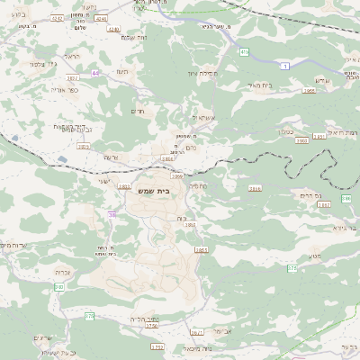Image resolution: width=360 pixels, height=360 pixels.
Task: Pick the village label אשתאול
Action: [x=203, y=117]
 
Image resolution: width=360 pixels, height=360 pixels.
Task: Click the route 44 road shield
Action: [x=95, y=73]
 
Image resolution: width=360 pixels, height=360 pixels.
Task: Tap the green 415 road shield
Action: [x=244, y=52]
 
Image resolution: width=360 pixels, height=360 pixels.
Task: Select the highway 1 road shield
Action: [x=284, y=66]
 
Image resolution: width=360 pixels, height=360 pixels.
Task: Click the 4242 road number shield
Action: [x=58, y=17]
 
